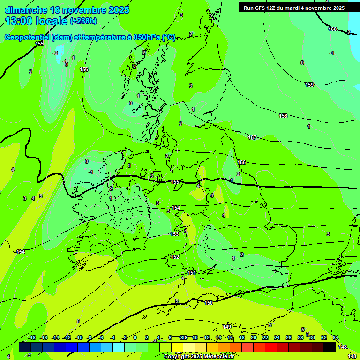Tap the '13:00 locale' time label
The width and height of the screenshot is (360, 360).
click(x=37, y=21)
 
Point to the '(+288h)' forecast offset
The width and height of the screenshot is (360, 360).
click(x=83, y=21)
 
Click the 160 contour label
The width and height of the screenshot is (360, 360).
click(x=332, y=30)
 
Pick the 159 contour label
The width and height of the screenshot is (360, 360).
click(x=309, y=85)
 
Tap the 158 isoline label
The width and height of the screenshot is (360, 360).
click(x=283, y=116)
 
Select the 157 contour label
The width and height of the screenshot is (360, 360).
click(x=252, y=137)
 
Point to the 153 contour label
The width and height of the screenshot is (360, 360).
click(x=174, y=233)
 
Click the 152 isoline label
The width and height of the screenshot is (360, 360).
click(x=175, y=257)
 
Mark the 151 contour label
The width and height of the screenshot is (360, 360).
click(x=192, y=273)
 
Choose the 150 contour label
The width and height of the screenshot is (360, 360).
click(x=209, y=303)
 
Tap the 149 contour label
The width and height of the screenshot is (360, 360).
click(x=227, y=327)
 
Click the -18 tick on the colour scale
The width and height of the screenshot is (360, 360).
click(x=32, y=337)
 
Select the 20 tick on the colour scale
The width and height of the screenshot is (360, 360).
click(x=253, y=337)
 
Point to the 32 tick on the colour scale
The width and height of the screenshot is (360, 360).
click(x=324, y=337)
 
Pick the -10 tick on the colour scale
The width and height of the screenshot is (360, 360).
click(x=79, y=337)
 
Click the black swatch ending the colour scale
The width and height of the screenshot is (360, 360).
click(x=330, y=347)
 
